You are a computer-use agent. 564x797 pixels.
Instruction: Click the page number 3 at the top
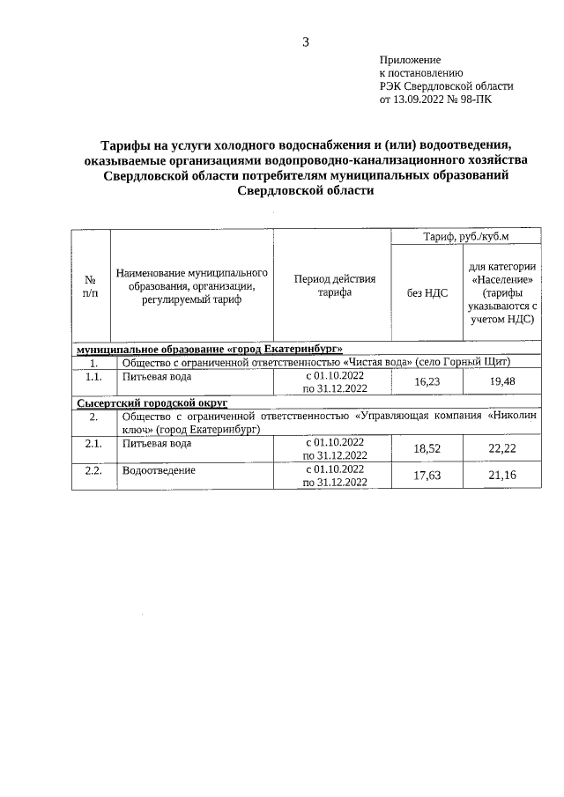pos(305,41)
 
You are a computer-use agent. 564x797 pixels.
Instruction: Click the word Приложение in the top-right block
pos(410,59)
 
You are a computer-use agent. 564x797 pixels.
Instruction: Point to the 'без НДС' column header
pos(427,293)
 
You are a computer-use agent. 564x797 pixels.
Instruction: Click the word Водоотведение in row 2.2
pos(159,470)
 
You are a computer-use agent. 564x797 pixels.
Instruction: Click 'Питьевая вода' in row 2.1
pos(156,443)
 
